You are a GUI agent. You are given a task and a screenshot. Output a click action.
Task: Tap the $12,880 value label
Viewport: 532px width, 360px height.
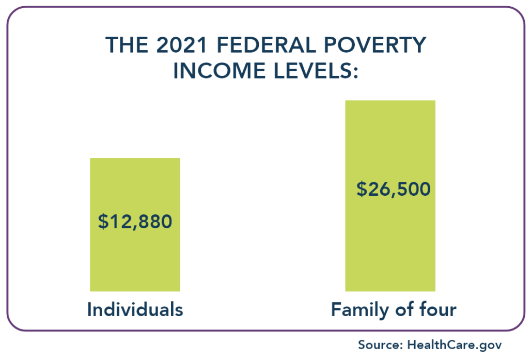[135, 222]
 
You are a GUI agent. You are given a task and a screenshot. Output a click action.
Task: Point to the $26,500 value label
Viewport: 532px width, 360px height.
[393, 189]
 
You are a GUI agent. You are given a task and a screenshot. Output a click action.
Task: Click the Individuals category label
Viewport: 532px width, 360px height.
[135, 310]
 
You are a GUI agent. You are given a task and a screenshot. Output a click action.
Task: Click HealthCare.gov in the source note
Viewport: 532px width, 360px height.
[454, 345]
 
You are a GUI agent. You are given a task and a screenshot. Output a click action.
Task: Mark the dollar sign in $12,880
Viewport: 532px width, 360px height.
[103, 222]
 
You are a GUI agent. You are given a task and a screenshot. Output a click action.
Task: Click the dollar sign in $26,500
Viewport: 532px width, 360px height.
[362, 189]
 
